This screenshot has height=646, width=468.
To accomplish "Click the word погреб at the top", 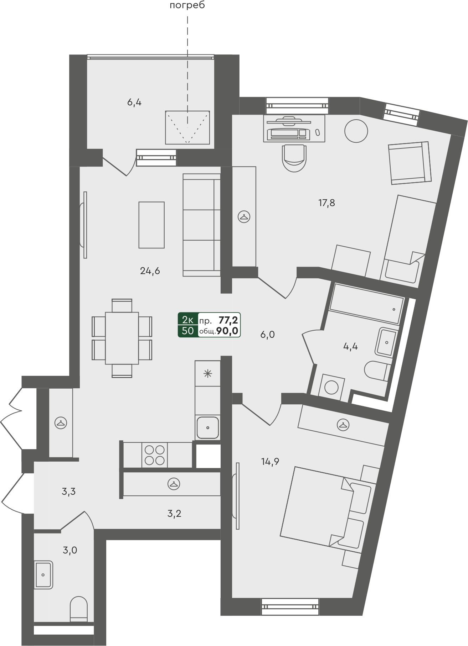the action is (x=188, y=6).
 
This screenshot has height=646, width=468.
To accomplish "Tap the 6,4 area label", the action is (x=134, y=103).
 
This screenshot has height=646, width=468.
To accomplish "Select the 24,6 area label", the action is (x=150, y=271).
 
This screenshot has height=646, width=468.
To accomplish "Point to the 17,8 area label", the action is (x=326, y=203).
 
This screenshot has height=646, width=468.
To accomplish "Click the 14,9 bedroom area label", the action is (x=270, y=462).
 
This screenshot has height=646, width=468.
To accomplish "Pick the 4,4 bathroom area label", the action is (x=350, y=346).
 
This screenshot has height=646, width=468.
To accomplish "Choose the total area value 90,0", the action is (x=227, y=331).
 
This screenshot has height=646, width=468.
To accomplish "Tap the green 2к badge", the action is (x=188, y=319).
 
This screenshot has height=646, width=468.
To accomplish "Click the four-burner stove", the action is (x=155, y=455).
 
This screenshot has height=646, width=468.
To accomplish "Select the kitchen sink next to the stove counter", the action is (x=207, y=427).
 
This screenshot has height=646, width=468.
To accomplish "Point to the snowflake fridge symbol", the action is (x=207, y=374).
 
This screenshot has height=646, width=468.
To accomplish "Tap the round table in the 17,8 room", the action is (x=356, y=131).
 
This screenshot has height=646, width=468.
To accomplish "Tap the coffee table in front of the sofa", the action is (x=151, y=225).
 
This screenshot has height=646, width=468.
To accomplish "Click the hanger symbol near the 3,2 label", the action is (x=173, y=484).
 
